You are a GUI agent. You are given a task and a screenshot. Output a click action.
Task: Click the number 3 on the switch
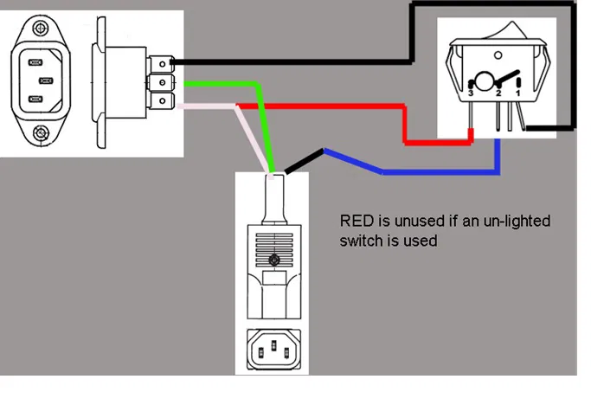click(470, 91)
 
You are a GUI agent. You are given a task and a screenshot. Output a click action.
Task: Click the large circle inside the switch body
click(485, 83)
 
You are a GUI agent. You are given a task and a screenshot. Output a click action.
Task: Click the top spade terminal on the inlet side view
click(161, 63)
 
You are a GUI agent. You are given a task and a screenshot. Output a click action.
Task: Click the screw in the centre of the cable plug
click(273, 260)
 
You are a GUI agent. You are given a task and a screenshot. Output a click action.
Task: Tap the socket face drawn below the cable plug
click(273, 350)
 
